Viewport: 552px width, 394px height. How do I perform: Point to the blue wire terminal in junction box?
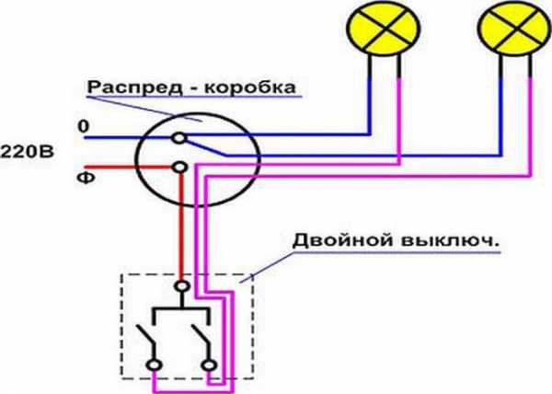[x=180, y=138]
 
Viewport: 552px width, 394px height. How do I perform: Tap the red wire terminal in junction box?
[x=180, y=168]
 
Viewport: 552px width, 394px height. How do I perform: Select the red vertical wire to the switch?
[x=180, y=230]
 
